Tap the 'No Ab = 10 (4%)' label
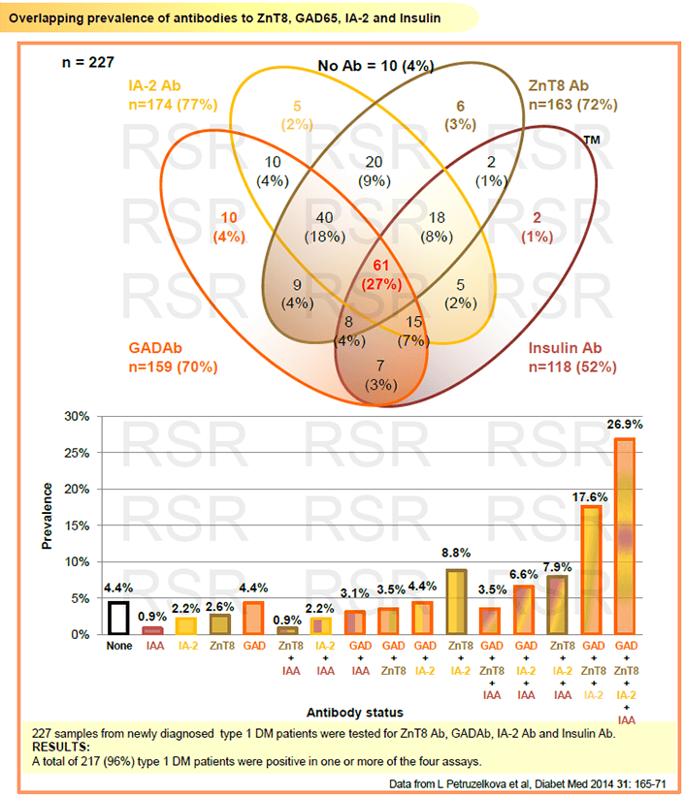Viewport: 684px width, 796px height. [x=375, y=66]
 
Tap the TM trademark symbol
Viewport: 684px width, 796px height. [x=592, y=140]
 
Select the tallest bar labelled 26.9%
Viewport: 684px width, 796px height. [x=626, y=536]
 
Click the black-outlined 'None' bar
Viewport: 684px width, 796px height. [x=118, y=619]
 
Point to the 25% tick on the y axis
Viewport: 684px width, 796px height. [x=77, y=453]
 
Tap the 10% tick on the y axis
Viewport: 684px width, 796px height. [x=77, y=561]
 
